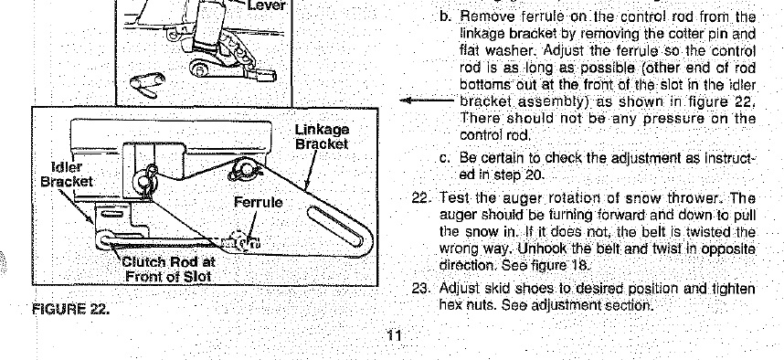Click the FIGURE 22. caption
pyautogui.click(x=70, y=309)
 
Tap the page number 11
pyautogui.click(x=394, y=335)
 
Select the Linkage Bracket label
pyautogui.click(x=322, y=136)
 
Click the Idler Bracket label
pyautogui.click(x=67, y=174)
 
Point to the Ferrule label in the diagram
pyautogui.click(x=258, y=203)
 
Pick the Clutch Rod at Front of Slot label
pyautogui.click(x=168, y=269)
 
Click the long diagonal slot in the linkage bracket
pyautogui.click(x=335, y=227)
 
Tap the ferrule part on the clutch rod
pyautogui.click(x=241, y=241)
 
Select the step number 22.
pyautogui.click(x=419, y=198)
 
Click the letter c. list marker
pyautogui.click(x=445, y=159)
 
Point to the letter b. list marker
pyautogui.click(x=446, y=16)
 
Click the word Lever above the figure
pyautogui.click(x=267, y=6)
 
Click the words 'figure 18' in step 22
pyautogui.click(x=560, y=265)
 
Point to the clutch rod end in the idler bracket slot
pyautogui.click(x=107, y=239)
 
